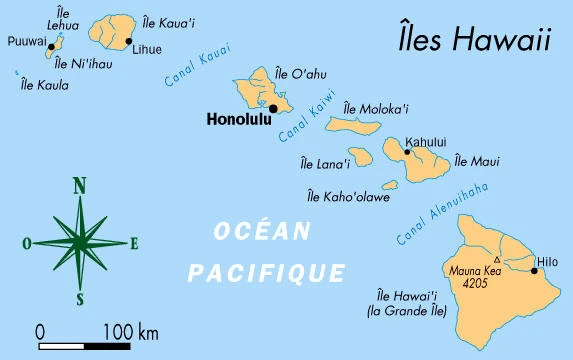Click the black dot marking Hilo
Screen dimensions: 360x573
pos(534,270)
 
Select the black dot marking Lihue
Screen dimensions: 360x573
pos(129,42)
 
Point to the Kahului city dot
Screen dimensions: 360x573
pos(407,153)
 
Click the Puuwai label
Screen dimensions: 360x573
pos(25,42)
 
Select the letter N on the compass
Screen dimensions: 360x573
pos(79,185)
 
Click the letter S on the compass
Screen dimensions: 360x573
pos(79,299)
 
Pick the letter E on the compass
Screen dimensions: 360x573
pos(134,242)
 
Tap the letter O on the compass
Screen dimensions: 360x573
pos(26,242)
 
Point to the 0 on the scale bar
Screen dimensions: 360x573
pos(40,331)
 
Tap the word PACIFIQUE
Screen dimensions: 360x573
pos(267,271)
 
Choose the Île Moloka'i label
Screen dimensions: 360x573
pos(375,108)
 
